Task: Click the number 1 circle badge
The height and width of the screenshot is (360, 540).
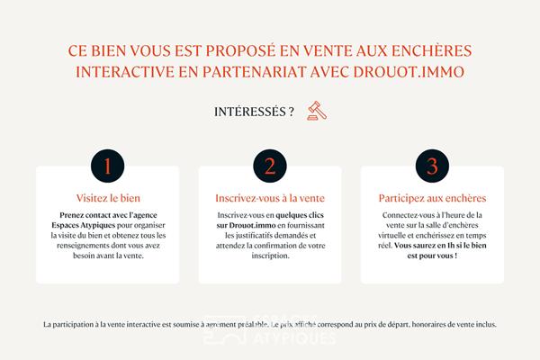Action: (107, 167)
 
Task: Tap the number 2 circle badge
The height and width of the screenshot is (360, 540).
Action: (269, 167)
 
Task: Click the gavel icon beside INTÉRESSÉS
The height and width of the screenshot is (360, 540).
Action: (315, 112)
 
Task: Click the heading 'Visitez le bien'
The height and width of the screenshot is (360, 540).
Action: (107, 197)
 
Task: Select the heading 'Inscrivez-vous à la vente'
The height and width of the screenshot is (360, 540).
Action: (269, 197)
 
